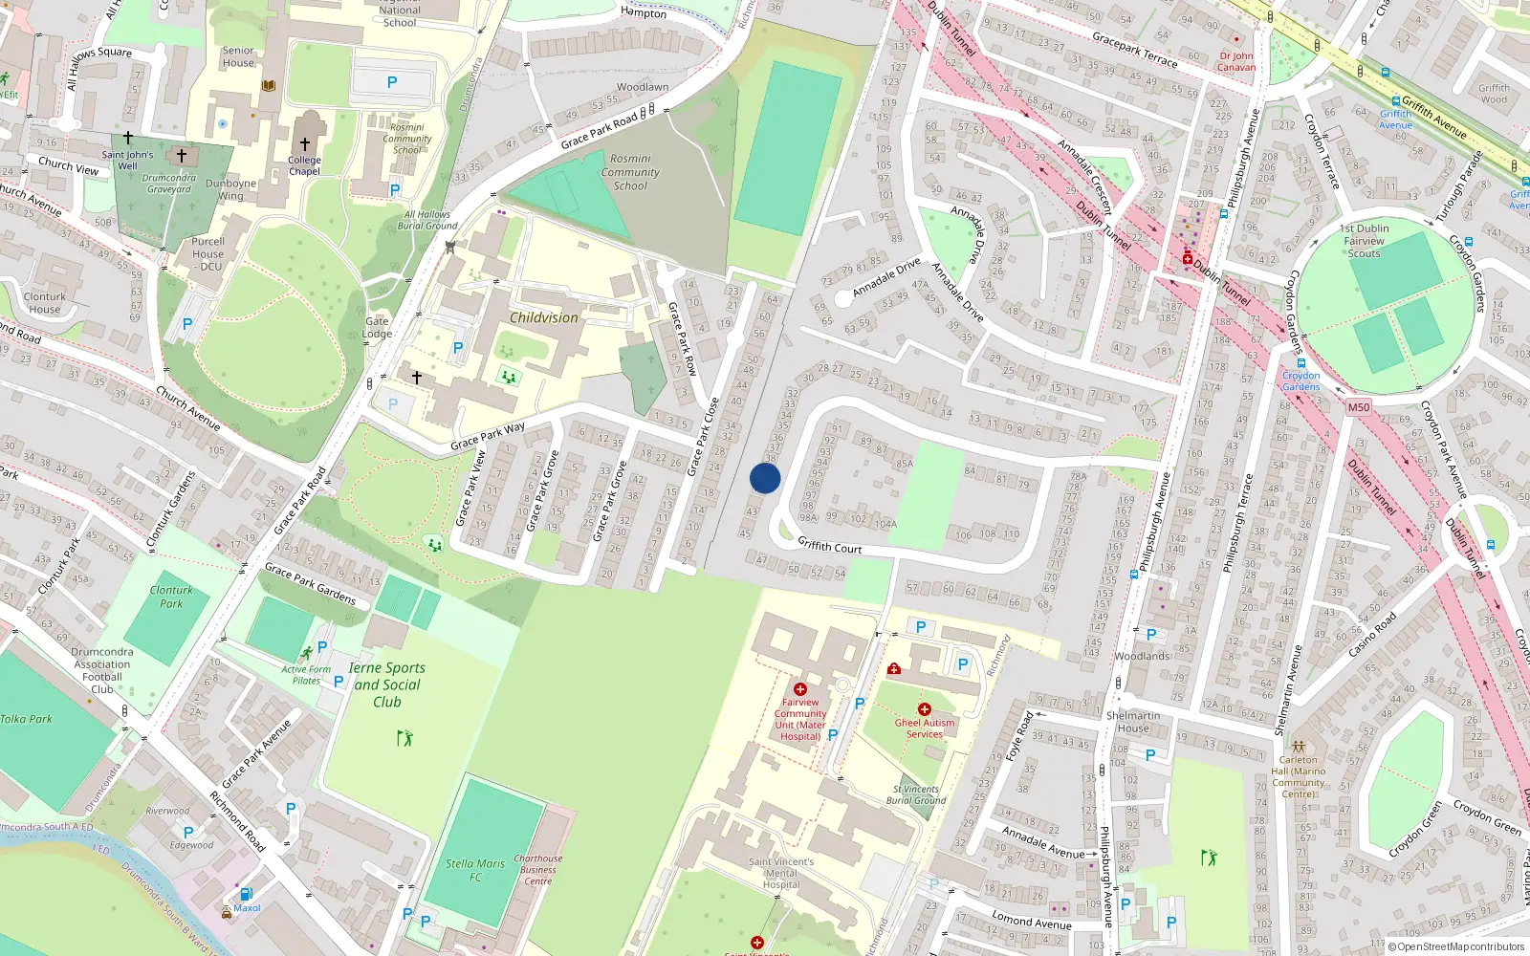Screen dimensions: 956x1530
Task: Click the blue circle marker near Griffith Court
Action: (765, 478)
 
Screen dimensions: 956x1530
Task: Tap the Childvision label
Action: (543, 317)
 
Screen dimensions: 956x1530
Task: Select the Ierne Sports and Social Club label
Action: (387, 684)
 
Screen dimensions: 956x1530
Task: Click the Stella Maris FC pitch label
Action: (475, 870)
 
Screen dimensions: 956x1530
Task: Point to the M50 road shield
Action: (1358, 407)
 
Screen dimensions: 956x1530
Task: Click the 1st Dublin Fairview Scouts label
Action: (1365, 241)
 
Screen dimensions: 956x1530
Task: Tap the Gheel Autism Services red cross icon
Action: (924, 709)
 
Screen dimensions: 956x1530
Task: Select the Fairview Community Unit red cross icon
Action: (800, 689)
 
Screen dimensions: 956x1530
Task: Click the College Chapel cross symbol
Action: (305, 144)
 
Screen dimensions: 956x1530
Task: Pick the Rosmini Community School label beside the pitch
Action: (630, 172)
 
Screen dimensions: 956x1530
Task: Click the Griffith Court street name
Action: (830, 546)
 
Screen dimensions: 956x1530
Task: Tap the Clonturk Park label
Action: (171, 597)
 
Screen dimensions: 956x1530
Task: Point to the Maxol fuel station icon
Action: (246, 895)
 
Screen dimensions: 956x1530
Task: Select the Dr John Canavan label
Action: (1236, 61)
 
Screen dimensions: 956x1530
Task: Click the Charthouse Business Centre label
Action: (537, 870)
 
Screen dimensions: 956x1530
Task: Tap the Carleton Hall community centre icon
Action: (1298, 746)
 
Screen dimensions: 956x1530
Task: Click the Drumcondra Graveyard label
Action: (169, 184)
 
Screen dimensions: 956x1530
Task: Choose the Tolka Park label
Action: (27, 719)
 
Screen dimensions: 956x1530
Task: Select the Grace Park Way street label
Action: (488, 436)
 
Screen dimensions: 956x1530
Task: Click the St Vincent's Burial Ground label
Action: (915, 794)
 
